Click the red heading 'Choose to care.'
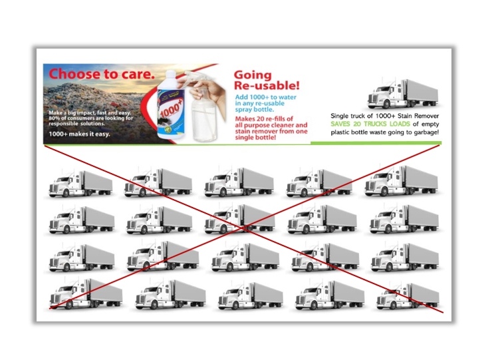coord(102,74)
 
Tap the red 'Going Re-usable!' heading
coord(267,80)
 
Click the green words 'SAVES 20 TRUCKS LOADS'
coord(370,124)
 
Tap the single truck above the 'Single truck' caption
coord(403,94)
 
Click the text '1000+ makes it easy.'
coord(79,134)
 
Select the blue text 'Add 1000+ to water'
coord(265,97)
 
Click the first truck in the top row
coord(80,184)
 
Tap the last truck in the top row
coord(402,180)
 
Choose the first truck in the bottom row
coord(86,293)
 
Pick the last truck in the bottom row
coord(408,296)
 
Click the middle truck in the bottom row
coord(251,295)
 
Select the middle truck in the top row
coord(239,182)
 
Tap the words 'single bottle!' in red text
coord(255,138)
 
